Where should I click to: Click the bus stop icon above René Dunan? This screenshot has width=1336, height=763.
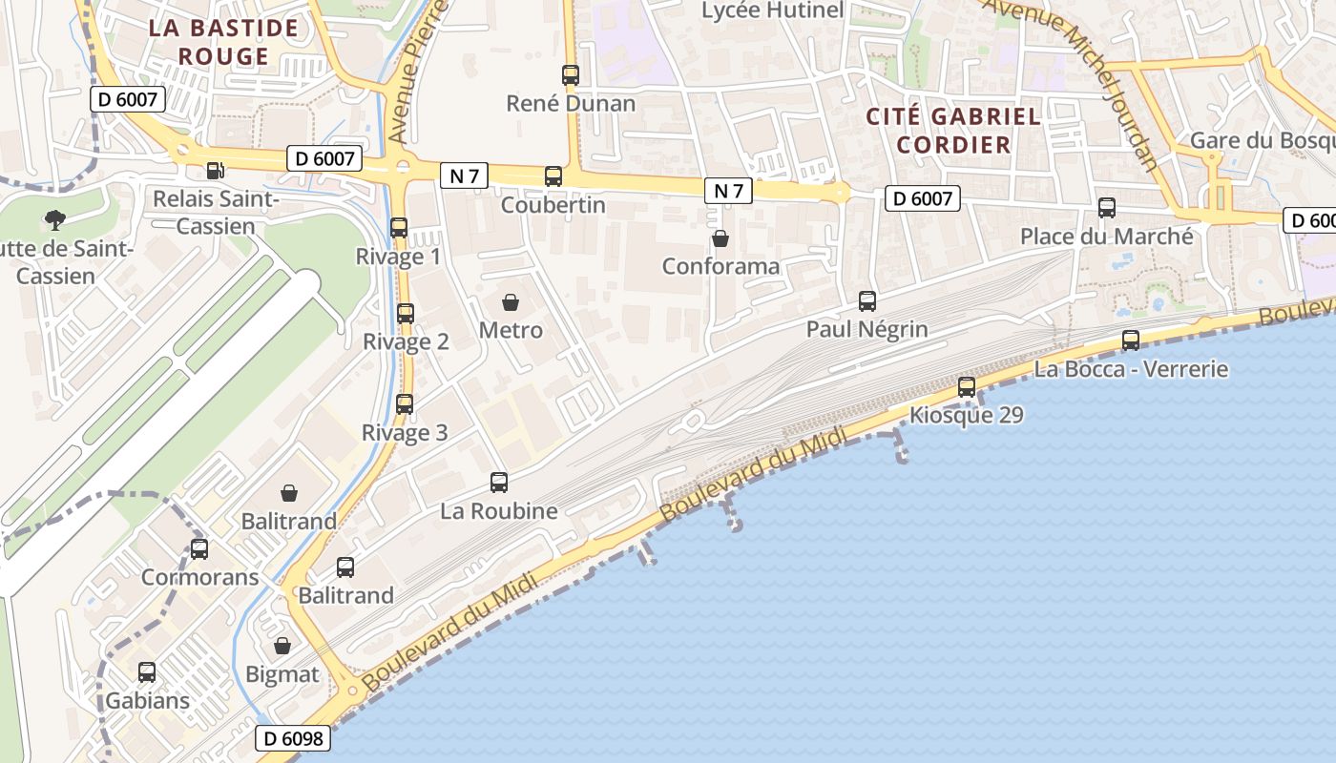tap(571, 75)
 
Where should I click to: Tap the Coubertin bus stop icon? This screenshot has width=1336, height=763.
tap(553, 176)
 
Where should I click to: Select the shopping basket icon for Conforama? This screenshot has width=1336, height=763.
tap(720, 238)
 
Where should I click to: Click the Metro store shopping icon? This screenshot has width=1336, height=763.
tap(511, 303)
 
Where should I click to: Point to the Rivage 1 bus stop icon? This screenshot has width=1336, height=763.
tap(399, 228)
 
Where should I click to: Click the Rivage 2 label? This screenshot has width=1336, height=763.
tap(406, 341)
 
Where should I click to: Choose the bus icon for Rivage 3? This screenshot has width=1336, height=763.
tap(405, 404)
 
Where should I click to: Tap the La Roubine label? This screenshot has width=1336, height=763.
tap(498, 511)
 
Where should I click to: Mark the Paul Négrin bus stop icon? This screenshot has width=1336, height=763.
tap(867, 301)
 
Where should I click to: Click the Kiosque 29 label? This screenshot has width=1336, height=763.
tap(966, 416)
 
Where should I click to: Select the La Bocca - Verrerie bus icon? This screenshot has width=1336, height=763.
tap(1131, 340)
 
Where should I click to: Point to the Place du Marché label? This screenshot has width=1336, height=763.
tap(1106, 237)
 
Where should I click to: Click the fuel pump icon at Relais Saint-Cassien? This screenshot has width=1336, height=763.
tap(216, 171)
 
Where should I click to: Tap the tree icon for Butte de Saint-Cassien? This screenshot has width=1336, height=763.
tap(55, 220)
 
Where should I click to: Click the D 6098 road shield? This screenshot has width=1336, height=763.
tap(293, 738)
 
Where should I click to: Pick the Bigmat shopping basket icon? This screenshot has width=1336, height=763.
tap(282, 647)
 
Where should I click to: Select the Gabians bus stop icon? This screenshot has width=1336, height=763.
tap(147, 672)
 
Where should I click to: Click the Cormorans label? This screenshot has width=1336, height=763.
tap(199, 577)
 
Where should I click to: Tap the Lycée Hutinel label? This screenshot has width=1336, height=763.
tap(772, 10)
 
